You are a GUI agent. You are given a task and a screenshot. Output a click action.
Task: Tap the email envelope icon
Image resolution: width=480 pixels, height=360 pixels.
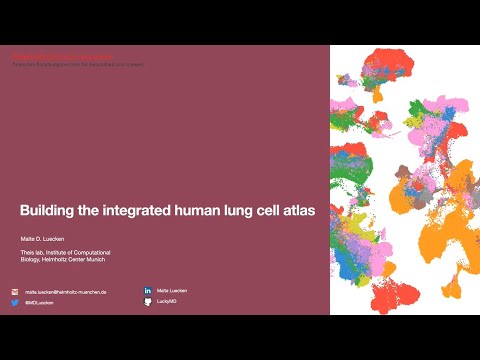(x=15, y=292)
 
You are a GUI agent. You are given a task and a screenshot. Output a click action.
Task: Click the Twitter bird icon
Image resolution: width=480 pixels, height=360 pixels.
(x=15, y=302)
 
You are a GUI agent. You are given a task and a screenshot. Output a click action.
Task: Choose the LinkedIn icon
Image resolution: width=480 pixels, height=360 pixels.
(x=147, y=290)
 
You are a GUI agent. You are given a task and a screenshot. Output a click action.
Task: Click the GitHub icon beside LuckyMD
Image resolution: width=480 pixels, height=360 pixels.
(x=147, y=301)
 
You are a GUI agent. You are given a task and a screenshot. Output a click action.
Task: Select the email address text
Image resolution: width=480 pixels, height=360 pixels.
(x=65, y=292)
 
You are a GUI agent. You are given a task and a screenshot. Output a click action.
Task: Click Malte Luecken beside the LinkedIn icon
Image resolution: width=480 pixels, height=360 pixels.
(x=172, y=290)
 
